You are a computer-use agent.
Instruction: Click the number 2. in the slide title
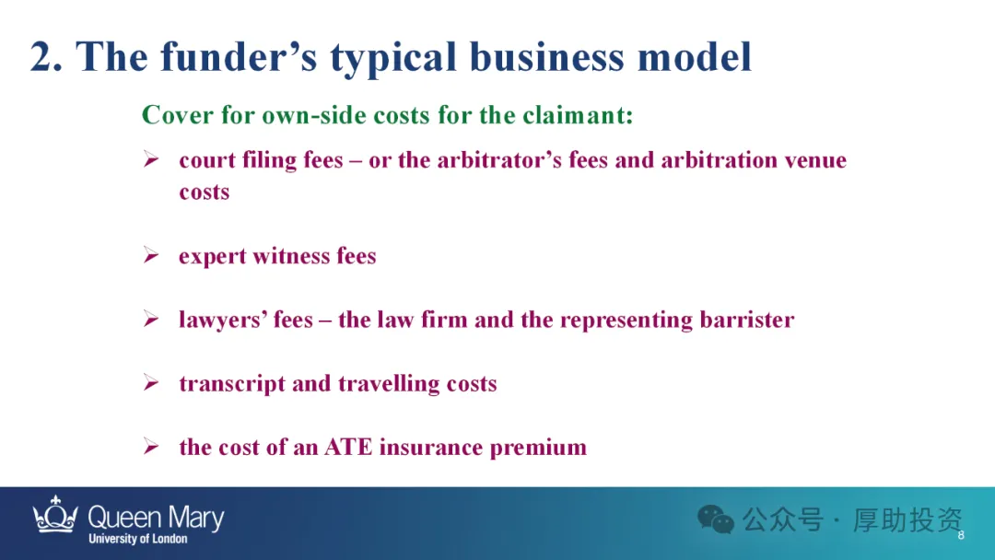(46, 56)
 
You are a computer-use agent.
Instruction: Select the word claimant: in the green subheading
(578, 115)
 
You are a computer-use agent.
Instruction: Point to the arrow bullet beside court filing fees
(151, 159)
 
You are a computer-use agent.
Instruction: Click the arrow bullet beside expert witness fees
(151, 255)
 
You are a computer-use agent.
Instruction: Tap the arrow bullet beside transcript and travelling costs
(151, 382)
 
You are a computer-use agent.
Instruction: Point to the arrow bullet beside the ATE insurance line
(151, 447)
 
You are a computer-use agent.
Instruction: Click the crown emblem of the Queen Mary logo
(55, 514)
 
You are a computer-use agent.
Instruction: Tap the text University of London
(137, 539)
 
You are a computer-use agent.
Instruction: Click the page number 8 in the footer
(961, 535)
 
